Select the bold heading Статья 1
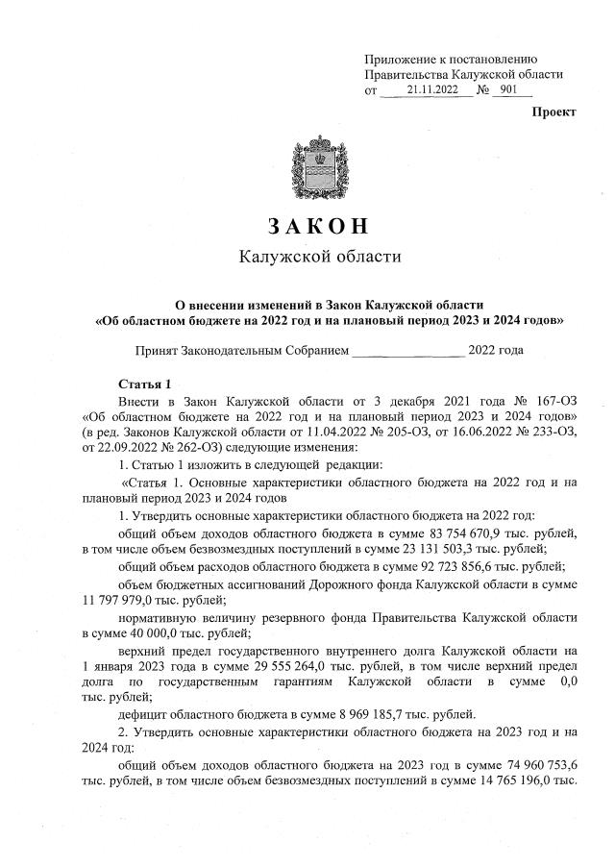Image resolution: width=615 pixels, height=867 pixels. point(143,384)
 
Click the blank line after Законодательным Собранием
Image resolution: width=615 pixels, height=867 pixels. point(407,352)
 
